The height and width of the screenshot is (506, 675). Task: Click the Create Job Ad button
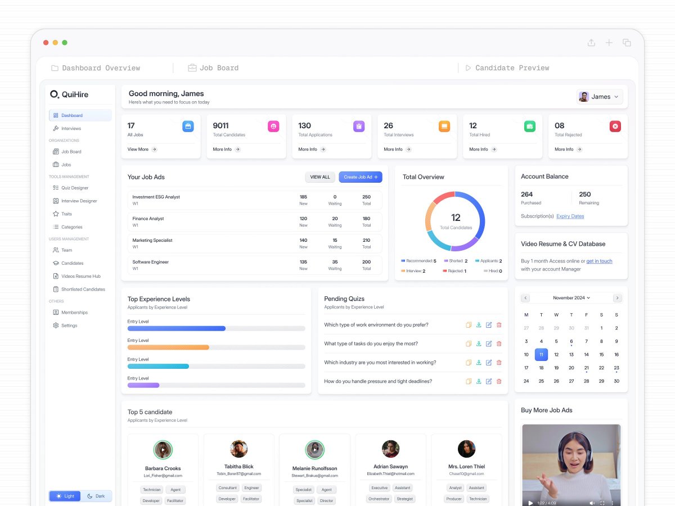click(x=361, y=177)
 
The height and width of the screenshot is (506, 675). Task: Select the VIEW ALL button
click(x=320, y=177)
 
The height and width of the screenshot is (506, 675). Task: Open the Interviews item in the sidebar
click(x=71, y=129)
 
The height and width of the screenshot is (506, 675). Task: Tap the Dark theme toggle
click(x=96, y=496)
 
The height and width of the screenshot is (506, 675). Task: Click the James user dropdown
click(x=600, y=97)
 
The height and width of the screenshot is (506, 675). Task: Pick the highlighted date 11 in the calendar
click(x=541, y=355)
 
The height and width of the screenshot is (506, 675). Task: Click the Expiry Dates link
click(x=570, y=216)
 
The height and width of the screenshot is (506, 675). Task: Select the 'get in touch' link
click(x=599, y=261)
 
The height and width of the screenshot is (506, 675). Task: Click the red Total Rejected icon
click(x=615, y=126)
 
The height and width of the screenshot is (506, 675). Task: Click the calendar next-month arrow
click(x=617, y=298)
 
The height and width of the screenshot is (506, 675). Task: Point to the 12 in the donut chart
click(x=456, y=218)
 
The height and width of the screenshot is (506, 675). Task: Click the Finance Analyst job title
click(x=148, y=219)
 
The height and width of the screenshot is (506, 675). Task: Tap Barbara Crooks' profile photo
click(x=163, y=450)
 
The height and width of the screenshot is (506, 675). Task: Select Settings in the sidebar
click(x=69, y=326)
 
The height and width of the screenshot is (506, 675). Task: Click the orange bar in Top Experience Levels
click(x=168, y=347)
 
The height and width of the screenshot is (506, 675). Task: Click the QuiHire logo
click(x=69, y=94)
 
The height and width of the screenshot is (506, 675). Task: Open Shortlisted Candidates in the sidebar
click(x=83, y=290)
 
